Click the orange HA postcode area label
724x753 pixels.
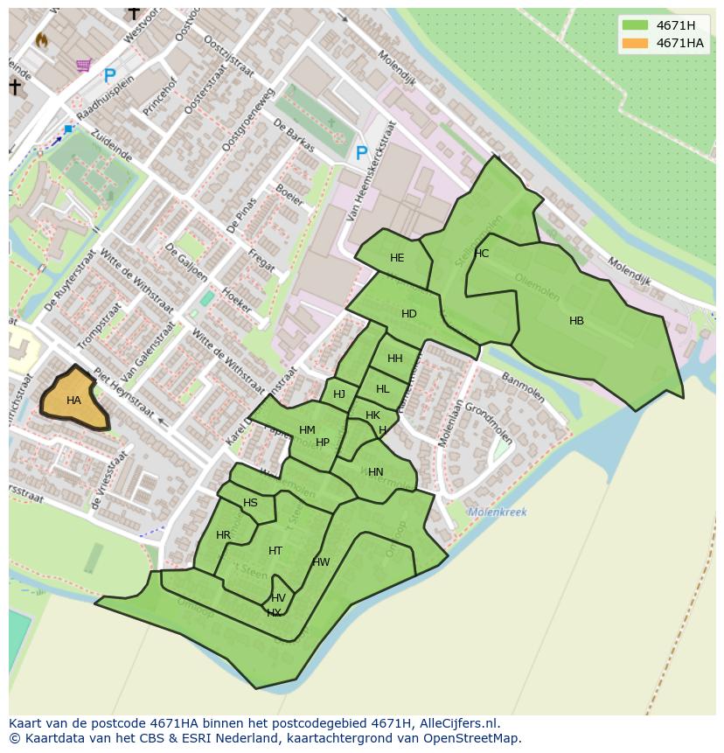[x=73, y=401]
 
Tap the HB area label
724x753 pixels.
[x=576, y=321]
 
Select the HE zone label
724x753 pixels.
[x=397, y=258]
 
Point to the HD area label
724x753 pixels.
[x=408, y=314]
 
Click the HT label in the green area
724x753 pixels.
[x=275, y=551]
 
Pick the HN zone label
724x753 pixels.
[x=375, y=472]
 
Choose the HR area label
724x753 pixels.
[x=223, y=535]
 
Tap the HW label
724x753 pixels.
[x=321, y=562]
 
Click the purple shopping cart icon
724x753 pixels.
[x=83, y=65]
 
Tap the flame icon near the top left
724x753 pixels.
[x=41, y=39]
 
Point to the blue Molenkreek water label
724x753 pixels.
[x=497, y=512]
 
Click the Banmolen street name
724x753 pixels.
[x=523, y=388]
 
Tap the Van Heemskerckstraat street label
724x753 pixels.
[x=372, y=171]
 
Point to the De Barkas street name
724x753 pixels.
[x=293, y=136]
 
